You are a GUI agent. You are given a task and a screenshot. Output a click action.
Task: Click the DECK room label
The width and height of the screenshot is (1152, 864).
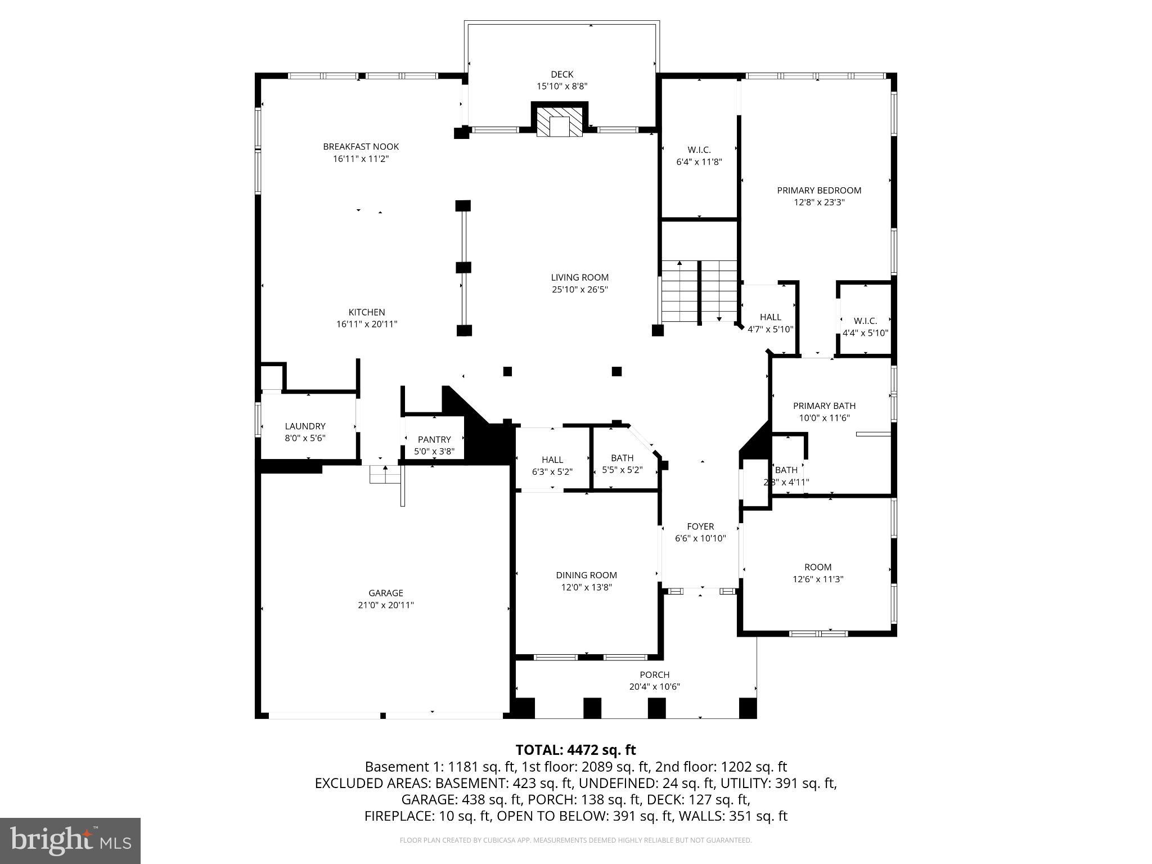pyautogui.click(x=561, y=74)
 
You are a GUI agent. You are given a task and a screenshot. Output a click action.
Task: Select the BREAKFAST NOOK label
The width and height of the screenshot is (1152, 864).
pyautogui.click(x=361, y=147)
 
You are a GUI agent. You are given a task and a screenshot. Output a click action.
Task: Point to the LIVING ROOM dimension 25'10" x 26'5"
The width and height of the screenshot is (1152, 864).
pyautogui.click(x=579, y=290)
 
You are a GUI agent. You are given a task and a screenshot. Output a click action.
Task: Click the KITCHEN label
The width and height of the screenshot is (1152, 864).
pyautogui.click(x=366, y=312)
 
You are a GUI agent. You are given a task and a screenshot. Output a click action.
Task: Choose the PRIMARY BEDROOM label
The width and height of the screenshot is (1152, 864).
pyautogui.click(x=818, y=191)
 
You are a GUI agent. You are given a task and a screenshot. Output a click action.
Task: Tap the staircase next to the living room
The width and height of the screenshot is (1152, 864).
pyautogui.click(x=699, y=291)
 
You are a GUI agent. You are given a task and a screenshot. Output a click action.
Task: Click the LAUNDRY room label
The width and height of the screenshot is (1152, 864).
pyautogui.click(x=305, y=426)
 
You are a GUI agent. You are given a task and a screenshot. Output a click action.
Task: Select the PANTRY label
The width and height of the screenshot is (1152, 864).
pyautogui.click(x=434, y=439)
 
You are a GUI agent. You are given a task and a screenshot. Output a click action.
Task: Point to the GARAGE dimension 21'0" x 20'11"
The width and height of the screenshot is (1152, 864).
pyautogui.click(x=386, y=605)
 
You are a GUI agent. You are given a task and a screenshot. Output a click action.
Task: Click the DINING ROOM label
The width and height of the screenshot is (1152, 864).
pyautogui.click(x=586, y=575)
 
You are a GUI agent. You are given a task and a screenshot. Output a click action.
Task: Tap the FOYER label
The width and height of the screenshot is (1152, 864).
pyautogui.click(x=700, y=526)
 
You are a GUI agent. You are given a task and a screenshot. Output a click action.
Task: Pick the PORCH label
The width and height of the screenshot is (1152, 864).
pyautogui.click(x=654, y=674)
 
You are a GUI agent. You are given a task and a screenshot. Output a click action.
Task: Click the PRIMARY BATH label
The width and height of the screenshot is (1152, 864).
pyautogui.click(x=824, y=406)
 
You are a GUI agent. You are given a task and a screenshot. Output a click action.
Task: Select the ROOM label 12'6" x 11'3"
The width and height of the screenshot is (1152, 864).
pyautogui.click(x=817, y=567)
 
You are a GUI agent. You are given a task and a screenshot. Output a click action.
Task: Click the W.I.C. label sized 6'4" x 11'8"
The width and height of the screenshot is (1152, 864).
pyautogui.click(x=699, y=150)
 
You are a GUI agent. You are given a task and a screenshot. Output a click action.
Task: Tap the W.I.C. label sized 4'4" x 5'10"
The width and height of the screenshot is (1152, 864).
pyautogui.click(x=865, y=321)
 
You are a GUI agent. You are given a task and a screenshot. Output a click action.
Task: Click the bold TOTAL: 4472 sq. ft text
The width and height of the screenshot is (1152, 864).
pyautogui.click(x=575, y=750)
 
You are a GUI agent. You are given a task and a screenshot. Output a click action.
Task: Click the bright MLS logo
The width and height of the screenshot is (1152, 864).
pyautogui.click(x=70, y=841)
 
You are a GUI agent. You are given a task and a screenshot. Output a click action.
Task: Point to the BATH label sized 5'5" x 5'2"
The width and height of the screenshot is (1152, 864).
pyautogui.click(x=622, y=458)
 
